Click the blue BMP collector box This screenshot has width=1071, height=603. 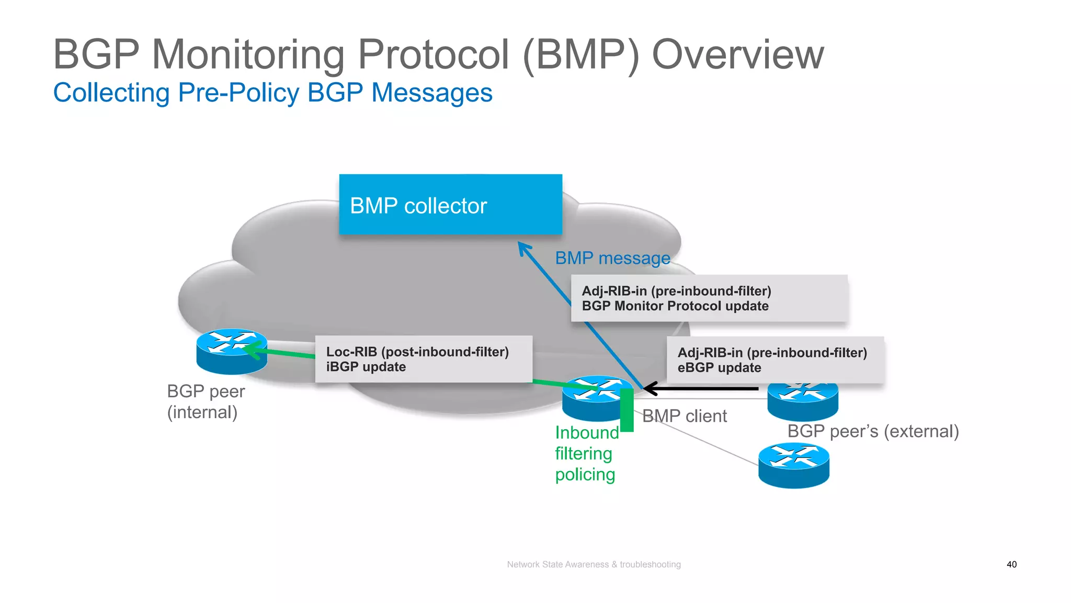(x=450, y=205)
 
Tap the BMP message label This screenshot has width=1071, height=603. (x=612, y=258)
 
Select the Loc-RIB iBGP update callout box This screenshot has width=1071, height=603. (x=424, y=359)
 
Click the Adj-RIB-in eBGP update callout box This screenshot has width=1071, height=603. (x=775, y=360)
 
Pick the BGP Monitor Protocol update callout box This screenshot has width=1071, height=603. (x=709, y=298)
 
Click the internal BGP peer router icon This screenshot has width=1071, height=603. (x=231, y=351)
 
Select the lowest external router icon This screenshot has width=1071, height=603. (x=793, y=465)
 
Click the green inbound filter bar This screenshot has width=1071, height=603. (x=626, y=410)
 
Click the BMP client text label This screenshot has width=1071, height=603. (x=684, y=416)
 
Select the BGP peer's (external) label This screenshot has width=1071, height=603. (x=873, y=431)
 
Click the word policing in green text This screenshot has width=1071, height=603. (x=585, y=475)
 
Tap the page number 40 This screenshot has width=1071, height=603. (x=1011, y=564)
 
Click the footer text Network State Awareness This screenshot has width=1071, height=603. (x=594, y=564)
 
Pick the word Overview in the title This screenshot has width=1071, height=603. (x=737, y=54)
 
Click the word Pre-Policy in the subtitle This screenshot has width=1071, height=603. (x=238, y=93)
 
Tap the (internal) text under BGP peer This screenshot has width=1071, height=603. (x=202, y=412)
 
